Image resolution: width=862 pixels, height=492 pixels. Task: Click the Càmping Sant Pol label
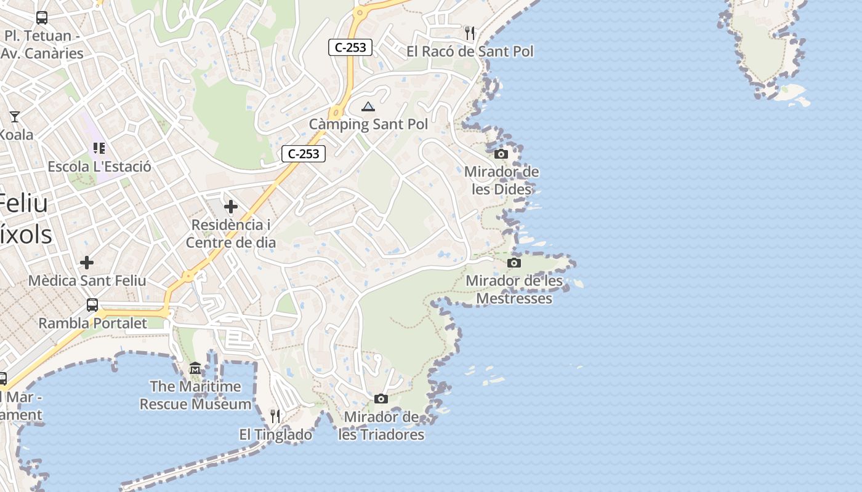368,124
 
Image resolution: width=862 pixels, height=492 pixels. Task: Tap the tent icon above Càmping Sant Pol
368,107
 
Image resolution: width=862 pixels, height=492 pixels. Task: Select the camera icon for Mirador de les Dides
501,154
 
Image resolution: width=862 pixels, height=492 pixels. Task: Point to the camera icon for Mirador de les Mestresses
514,263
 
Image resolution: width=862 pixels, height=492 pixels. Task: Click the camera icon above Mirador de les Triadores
381,399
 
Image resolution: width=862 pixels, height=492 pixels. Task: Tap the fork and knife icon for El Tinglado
275,416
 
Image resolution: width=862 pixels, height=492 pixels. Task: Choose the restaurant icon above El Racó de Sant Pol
470,33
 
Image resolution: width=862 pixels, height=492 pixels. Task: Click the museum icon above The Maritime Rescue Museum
195,368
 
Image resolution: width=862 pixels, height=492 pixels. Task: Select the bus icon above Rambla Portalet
92,304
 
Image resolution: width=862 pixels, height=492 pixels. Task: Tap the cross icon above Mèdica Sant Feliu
87,263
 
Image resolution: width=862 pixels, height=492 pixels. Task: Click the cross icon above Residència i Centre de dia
231,207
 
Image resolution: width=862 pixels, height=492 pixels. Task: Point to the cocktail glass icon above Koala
15,116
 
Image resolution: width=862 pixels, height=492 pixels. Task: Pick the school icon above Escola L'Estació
99,148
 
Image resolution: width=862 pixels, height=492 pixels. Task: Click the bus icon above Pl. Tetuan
42,18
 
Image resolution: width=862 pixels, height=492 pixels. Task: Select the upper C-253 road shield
350,47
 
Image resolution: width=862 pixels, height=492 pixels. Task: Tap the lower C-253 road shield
304,154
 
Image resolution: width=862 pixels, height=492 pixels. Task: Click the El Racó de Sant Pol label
470,52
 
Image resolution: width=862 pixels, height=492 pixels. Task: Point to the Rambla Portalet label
93,323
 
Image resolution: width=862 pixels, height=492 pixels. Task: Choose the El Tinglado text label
275,435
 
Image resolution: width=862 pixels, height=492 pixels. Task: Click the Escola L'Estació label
99,167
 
